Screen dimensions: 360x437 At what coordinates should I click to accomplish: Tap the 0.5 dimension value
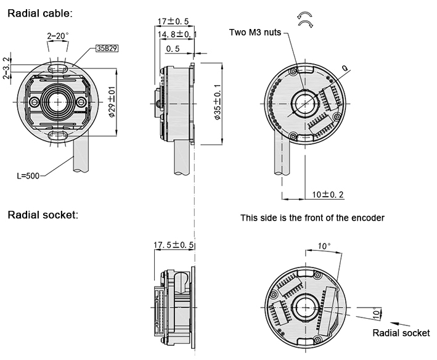pos(173,48)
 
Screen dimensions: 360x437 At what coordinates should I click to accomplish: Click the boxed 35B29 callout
pos(106,47)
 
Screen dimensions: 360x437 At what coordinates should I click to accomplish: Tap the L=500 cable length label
pos(28,176)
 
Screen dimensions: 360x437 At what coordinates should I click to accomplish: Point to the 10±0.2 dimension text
pos(329,194)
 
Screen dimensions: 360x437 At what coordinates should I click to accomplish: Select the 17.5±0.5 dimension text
pos(174,245)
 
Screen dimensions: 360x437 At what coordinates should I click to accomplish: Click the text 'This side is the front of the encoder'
pos(312,218)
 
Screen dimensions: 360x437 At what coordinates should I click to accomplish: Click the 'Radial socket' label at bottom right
pos(401,333)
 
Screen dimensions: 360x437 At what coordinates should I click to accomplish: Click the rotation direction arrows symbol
pos(304,18)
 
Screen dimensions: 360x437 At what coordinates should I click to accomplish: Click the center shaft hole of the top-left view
pos(59,100)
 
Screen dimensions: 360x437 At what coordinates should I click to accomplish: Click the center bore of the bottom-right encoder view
pos(305,305)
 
